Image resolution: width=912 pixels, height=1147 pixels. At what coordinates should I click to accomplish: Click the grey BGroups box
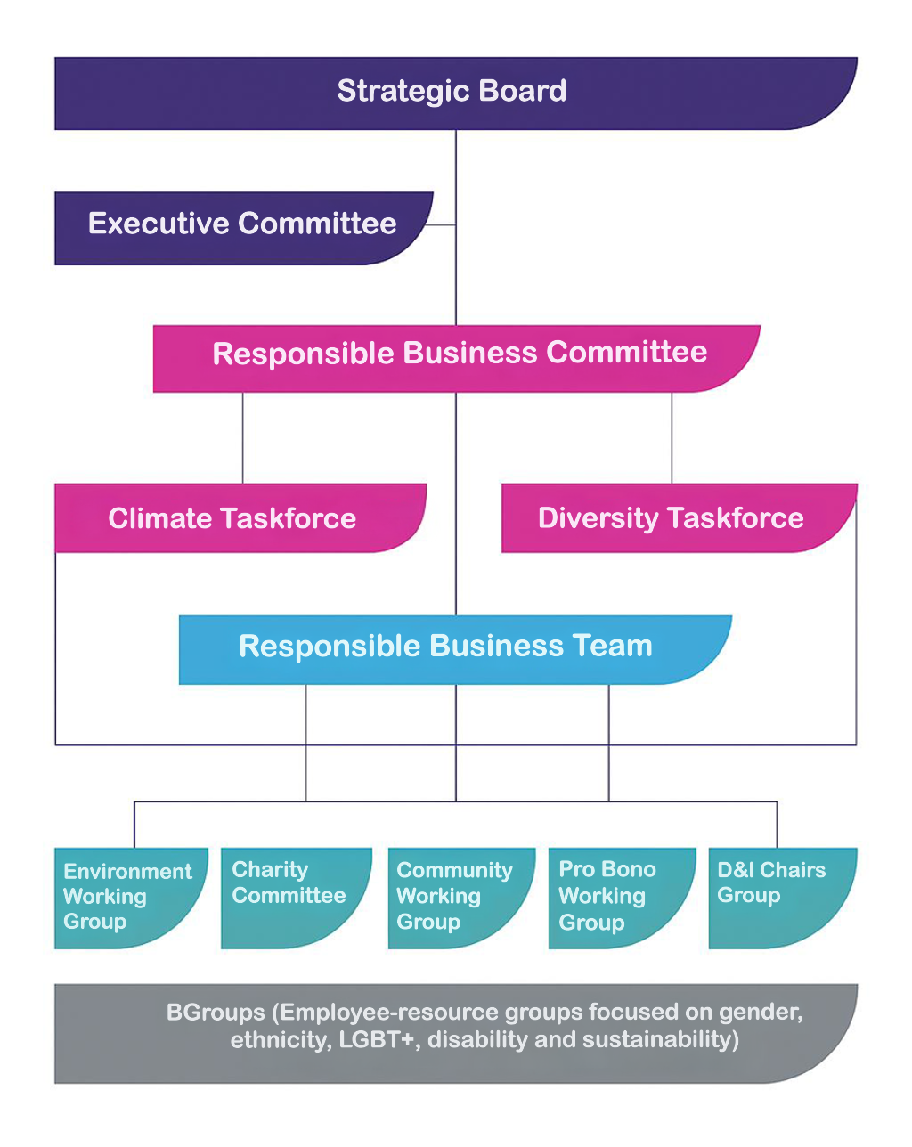(454, 1033)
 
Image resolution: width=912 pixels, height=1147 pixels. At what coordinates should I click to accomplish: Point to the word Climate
(159, 518)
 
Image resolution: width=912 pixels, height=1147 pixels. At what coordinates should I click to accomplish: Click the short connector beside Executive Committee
(442, 224)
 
